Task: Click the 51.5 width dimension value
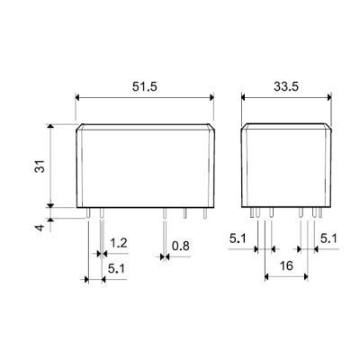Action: click(x=145, y=86)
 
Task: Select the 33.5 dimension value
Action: click(x=286, y=86)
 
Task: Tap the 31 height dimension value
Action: click(x=40, y=166)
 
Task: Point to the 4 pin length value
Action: click(x=40, y=227)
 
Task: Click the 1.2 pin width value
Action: click(x=119, y=243)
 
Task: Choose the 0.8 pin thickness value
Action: click(x=181, y=246)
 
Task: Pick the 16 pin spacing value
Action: click(x=286, y=265)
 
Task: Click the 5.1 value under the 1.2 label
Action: click(x=116, y=269)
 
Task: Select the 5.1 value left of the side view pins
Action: click(x=238, y=238)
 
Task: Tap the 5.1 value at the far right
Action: click(x=328, y=238)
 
